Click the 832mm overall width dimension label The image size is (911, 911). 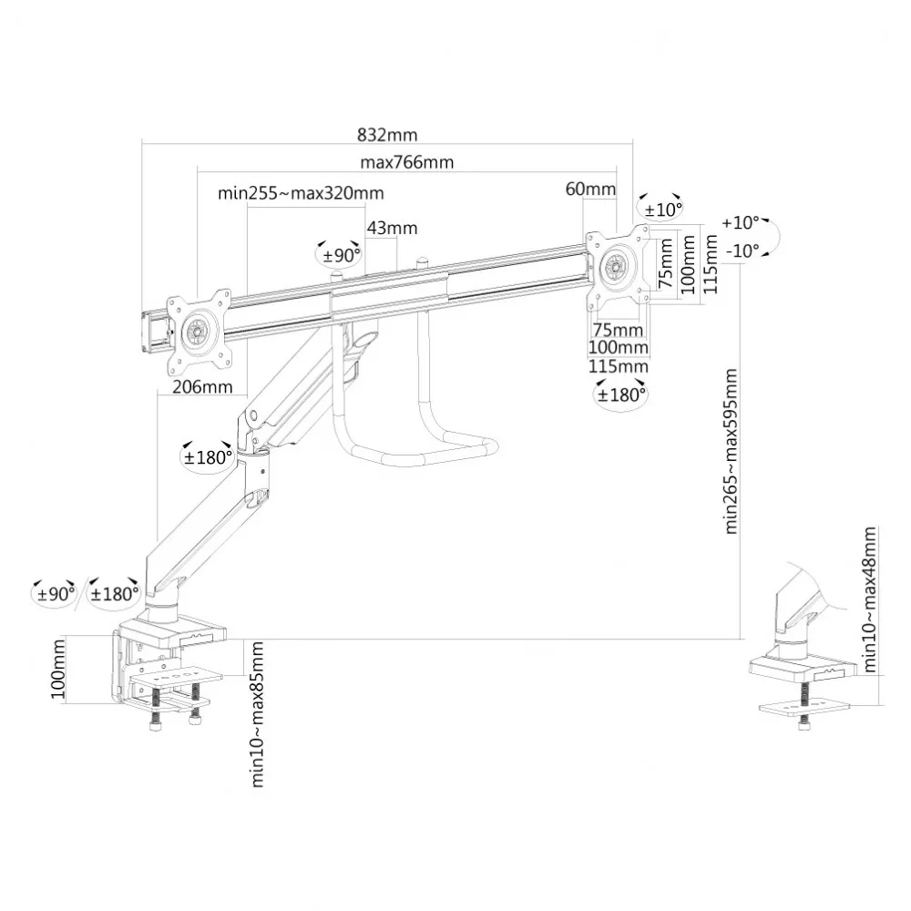pyautogui.click(x=387, y=135)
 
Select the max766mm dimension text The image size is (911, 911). pyautogui.click(x=406, y=162)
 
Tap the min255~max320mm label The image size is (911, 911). pyautogui.click(x=301, y=193)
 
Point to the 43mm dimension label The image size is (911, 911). pyautogui.click(x=392, y=228)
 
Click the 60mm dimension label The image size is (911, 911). pyautogui.click(x=590, y=189)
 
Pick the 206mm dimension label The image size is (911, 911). pyautogui.click(x=202, y=387)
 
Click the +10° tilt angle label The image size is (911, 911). pyautogui.click(x=741, y=222)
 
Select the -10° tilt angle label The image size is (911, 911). pyautogui.click(x=742, y=251)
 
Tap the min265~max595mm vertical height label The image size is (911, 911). pyautogui.click(x=731, y=451)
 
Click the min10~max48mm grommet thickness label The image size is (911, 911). pyautogui.click(x=869, y=599)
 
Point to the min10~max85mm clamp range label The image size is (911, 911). pyautogui.click(x=258, y=714)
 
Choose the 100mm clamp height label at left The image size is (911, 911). pyautogui.click(x=58, y=670)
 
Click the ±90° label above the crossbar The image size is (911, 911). pyautogui.click(x=342, y=254)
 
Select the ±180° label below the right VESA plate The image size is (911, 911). pyautogui.click(x=621, y=395)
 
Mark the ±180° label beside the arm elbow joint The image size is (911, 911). pyautogui.click(x=208, y=457)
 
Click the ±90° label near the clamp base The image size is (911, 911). pyautogui.click(x=56, y=594)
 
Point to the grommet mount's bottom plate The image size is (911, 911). pyautogui.click(x=804, y=707)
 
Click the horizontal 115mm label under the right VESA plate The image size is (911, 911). pyautogui.click(x=619, y=366)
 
